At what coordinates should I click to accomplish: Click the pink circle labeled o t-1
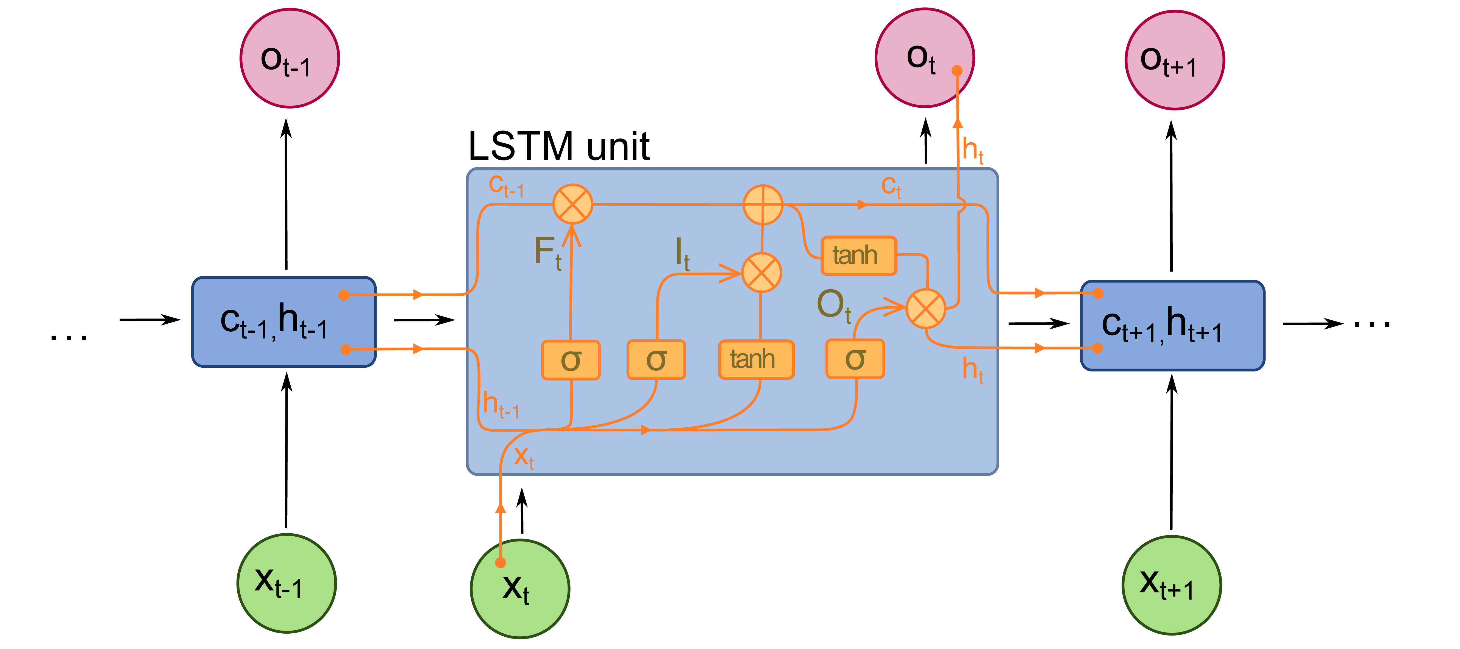pos(290,58)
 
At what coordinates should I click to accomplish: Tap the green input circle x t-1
pos(286,583)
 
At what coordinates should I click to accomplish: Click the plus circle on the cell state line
pos(763,205)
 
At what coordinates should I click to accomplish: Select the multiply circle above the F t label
pos(572,204)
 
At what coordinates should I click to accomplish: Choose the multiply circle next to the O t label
pos(925,309)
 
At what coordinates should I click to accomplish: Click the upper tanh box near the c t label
pos(858,256)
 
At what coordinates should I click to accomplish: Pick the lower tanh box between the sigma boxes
pos(756,359)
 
